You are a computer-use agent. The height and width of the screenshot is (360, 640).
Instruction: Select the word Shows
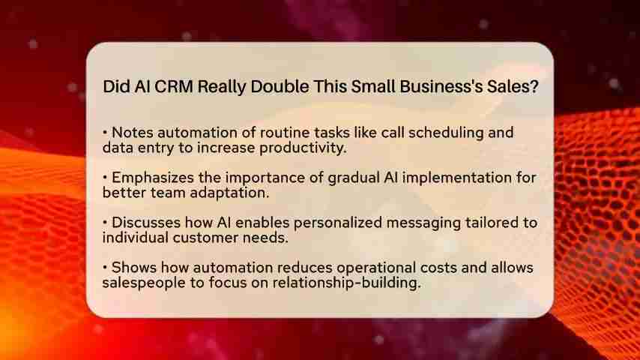pyautogui.click(x=131, y=268)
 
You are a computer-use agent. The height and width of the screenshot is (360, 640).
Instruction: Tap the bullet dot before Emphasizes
pyautogui.click(x=105, y=178)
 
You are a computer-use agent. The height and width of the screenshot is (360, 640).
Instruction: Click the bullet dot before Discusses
pyautogui.click(x=105, y=223)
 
